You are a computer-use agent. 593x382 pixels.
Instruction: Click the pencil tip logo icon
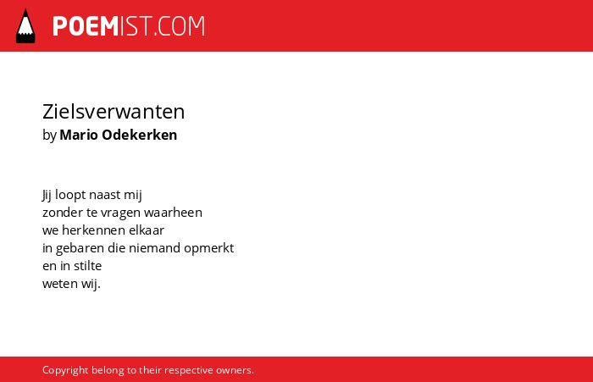25,26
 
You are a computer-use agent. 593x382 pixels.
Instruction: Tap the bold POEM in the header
86,26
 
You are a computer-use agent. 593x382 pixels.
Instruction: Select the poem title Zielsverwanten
114,112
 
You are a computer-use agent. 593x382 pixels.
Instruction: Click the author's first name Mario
79,135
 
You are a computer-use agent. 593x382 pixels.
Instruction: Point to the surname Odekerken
140,135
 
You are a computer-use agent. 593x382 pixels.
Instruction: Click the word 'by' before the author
49,136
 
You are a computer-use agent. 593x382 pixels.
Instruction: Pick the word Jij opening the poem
47,195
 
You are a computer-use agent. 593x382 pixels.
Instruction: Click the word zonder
63,213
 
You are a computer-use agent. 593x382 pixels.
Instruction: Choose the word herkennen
93,230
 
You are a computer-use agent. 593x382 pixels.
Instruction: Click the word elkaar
147,230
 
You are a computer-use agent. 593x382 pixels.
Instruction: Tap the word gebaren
80,248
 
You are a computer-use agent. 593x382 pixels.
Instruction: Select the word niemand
154,247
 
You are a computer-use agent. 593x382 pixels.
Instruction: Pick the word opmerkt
208,248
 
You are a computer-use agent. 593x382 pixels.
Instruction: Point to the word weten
60,284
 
